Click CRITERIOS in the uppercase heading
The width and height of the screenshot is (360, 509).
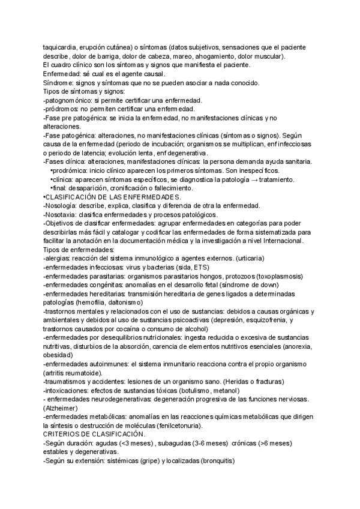point(63,435)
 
